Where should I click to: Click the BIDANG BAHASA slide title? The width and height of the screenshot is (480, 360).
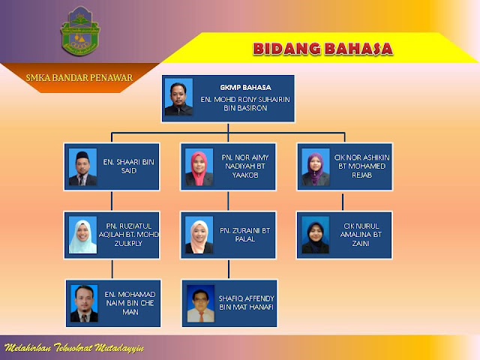pyautogui.click(x=322, y=49)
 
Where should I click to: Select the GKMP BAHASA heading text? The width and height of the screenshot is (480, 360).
pyautogui.click(x=244, y=87)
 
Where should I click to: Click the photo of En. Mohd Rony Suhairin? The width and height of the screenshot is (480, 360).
pyautogui.click(x=178, y=97)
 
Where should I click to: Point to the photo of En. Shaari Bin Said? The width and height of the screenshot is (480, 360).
pyautogui.click(x=82, y=168)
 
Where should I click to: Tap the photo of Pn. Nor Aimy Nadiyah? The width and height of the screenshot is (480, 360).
pyautogui.click(x=199, y=168)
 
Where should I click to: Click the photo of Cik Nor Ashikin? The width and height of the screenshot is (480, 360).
pyautogui.click(x=315, y=168)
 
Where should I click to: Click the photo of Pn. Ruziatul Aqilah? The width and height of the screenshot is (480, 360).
pyautogui.click(x=82, y=235)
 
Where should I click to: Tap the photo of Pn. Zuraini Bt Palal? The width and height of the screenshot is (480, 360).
pyautogui.click(x=199, y=235)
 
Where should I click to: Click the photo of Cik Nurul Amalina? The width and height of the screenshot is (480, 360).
pyautogui.click(x=315, y=235)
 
